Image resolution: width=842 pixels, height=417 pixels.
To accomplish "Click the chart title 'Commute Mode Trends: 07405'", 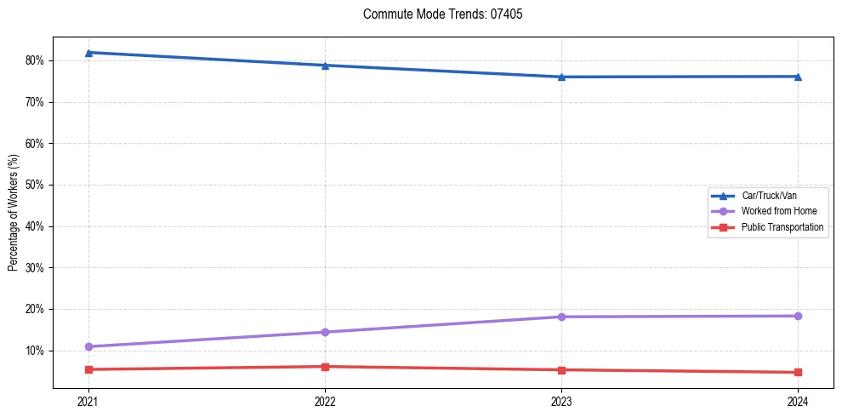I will (x=436, y=14).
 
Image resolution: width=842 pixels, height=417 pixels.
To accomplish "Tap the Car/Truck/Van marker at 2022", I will (x=325, y=66).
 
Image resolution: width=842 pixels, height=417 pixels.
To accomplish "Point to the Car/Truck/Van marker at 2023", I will (x=561, y=77).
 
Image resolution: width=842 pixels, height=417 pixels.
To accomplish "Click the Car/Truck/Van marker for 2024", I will (x=798, y=77).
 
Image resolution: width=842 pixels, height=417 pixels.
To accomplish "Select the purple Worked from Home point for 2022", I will (x=325, y=332).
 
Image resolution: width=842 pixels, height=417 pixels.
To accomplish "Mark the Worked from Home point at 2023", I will (x=561, y=317).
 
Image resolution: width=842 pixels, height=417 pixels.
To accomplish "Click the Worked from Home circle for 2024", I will (x=798, y=316).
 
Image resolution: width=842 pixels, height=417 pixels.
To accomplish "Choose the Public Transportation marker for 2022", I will (x=325, y=367).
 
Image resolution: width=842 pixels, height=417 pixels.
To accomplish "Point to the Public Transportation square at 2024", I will (x=798, y=372).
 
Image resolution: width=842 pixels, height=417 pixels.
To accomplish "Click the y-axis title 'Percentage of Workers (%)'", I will (x=13, y=213).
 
